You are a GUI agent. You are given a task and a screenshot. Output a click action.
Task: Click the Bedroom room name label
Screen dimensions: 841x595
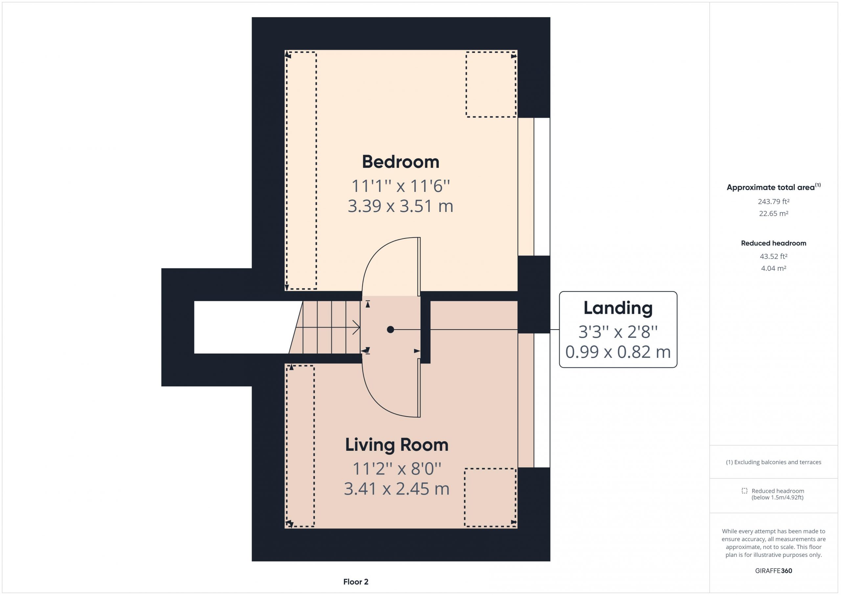[x=400, y=162]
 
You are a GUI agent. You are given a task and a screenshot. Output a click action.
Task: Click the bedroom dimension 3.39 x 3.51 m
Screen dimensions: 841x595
[x=400, y=206]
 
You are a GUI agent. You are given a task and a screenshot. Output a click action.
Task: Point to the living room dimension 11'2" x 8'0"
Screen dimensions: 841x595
[x=397, y=469]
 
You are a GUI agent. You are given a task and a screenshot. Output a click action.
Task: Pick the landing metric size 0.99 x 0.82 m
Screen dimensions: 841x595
[x=618, y=352]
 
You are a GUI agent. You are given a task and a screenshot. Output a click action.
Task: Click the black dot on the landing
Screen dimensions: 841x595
[x=391, y=330]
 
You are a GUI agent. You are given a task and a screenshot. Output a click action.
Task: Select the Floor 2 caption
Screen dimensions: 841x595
[x=356, y=582]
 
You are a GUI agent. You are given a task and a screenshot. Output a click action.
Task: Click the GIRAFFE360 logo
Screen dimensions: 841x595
[x=774, y=571]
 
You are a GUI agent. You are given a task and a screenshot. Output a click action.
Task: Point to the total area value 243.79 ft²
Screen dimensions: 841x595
[x=774, y=201]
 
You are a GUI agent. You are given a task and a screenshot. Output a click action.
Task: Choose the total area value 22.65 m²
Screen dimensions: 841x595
[x=774, y=214]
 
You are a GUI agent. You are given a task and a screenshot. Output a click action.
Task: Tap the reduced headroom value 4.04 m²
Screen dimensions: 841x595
[x=774, y=268]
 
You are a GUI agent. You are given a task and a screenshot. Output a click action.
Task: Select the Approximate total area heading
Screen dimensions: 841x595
[x=774, y=187]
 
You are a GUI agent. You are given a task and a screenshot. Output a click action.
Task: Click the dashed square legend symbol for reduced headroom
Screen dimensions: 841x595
[x=744, y=491]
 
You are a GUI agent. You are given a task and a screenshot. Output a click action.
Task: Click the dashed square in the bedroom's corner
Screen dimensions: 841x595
[x=491, y=84]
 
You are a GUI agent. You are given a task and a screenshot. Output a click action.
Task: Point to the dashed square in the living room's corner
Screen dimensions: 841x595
[x=490, y=497]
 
